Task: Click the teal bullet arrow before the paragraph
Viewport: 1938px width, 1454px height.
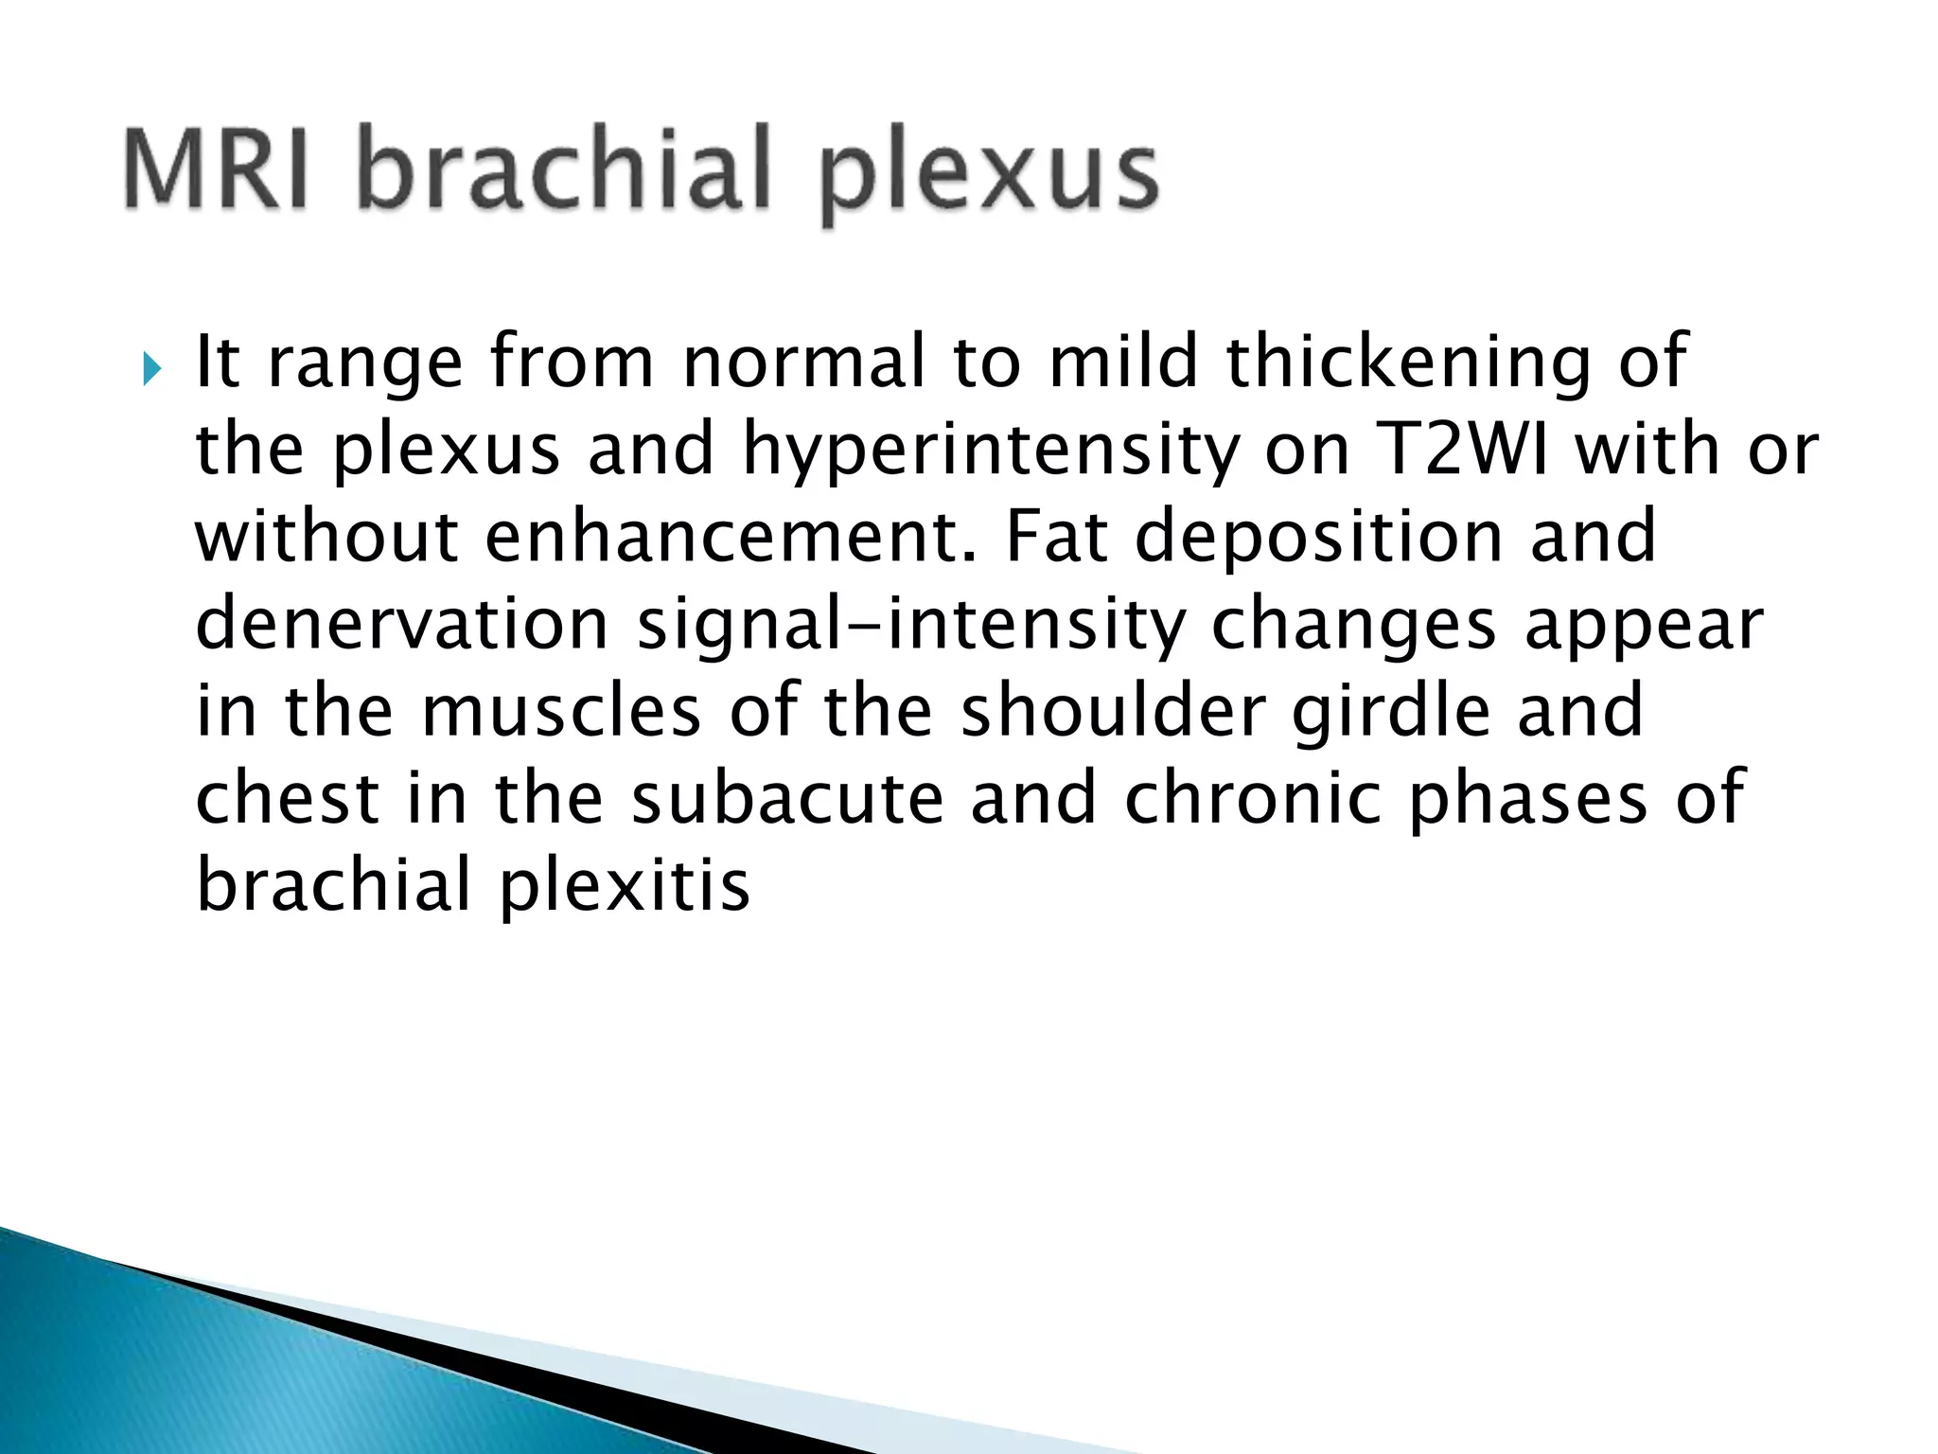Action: [x=151, y=366]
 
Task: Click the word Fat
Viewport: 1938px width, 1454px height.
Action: [x=1056, y=537]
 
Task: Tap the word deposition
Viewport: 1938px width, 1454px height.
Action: [x=1319, y=539]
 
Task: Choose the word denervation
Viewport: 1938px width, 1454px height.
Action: [x=402, y=625]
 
